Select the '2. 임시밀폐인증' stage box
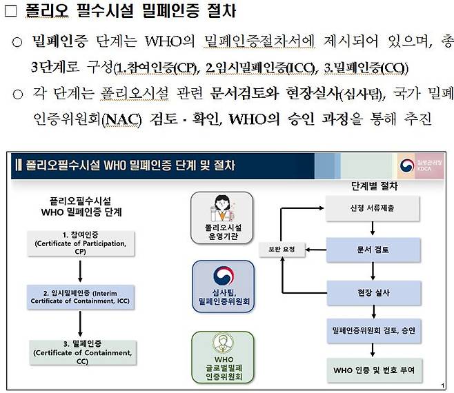[x=81, y=296]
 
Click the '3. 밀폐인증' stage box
[x=81, y=352]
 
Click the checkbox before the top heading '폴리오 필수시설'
[x=10, y=12]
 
